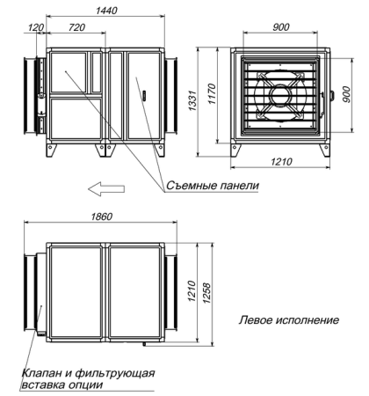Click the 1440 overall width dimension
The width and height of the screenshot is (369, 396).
pos(107,10)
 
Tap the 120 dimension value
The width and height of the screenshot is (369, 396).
pos(35,29)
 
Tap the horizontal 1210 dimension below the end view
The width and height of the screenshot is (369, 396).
pos(283,164)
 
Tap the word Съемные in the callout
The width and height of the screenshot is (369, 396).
pos(187,187)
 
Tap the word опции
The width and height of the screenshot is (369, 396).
pos(86,385)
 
